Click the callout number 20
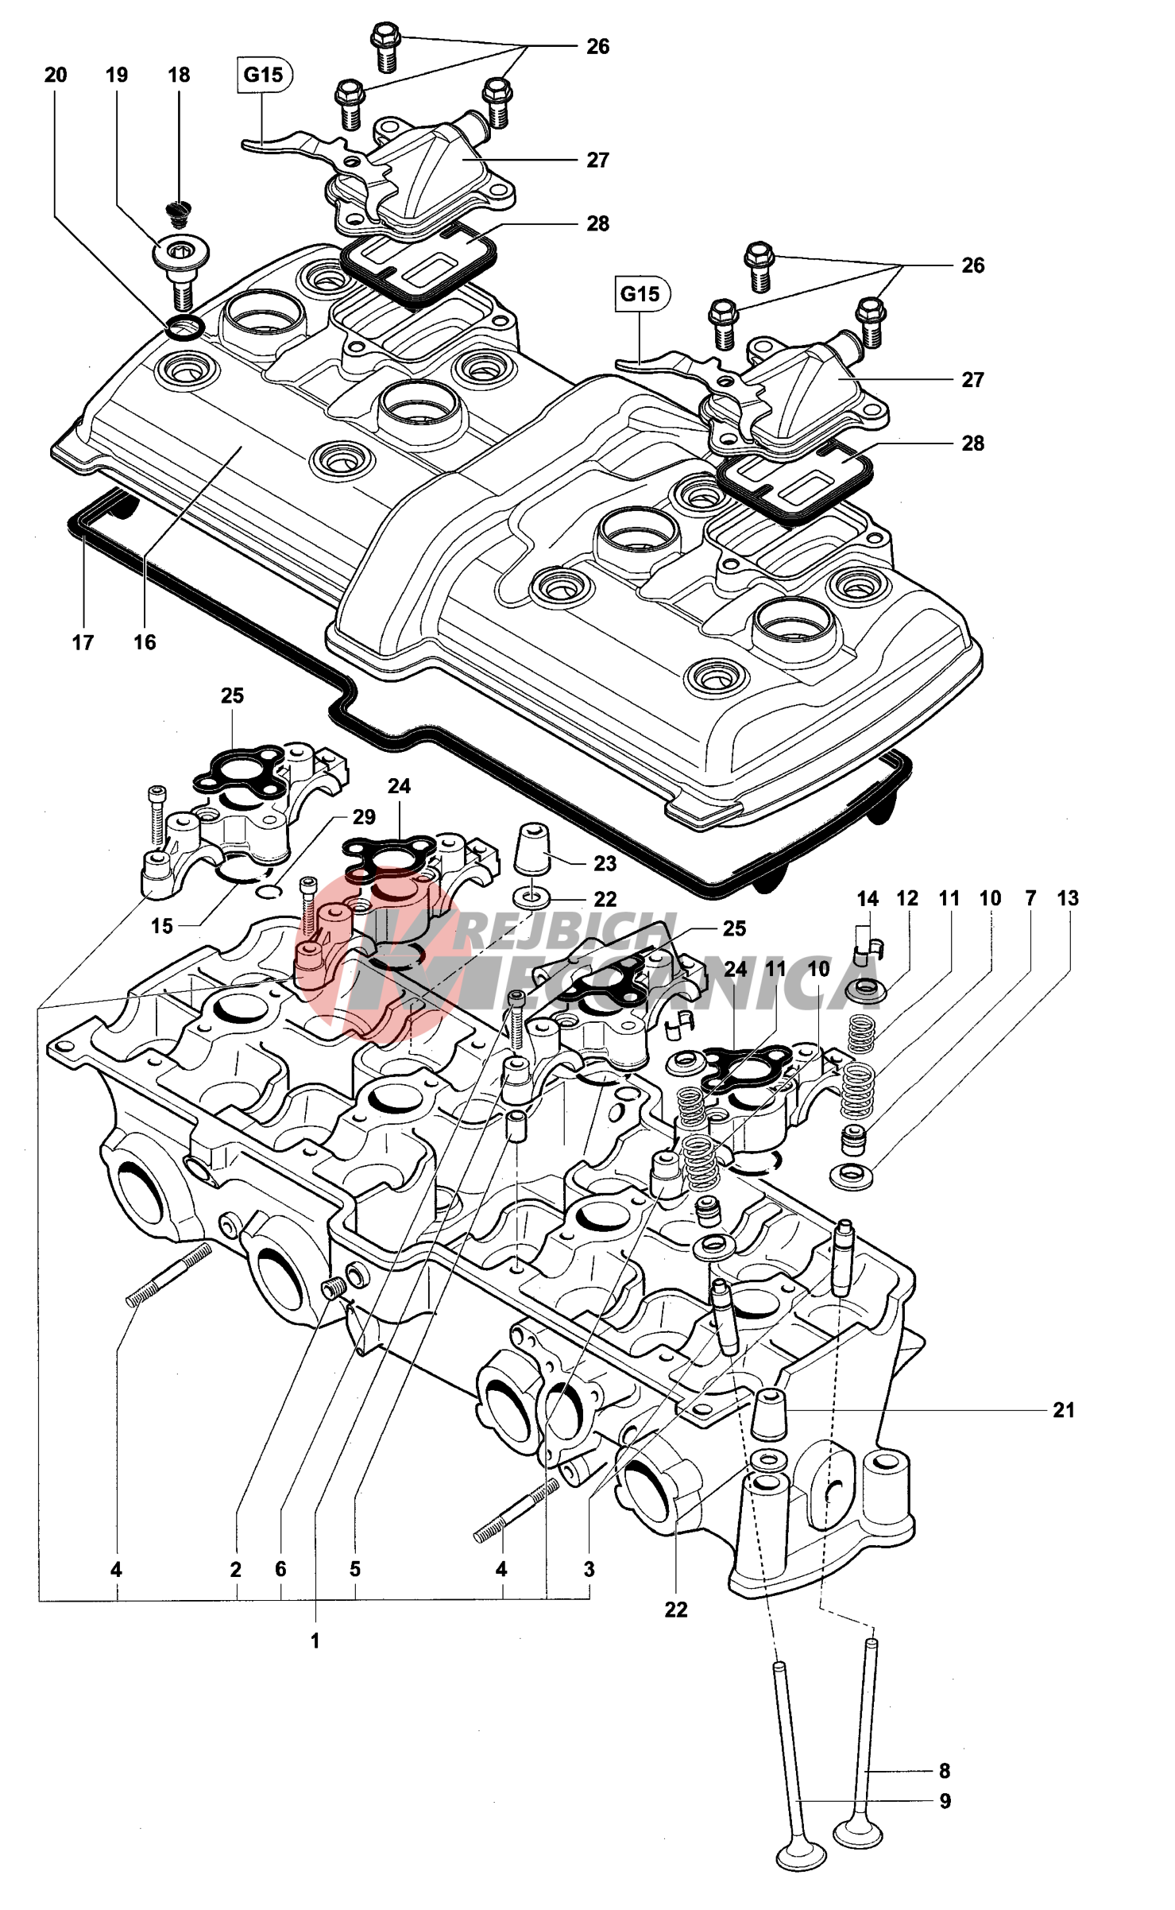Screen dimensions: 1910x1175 pyautogui.click(x=56, y=76)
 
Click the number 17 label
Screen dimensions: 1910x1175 pyautogui.click(x=83, y=642)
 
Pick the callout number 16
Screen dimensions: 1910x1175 pyautogui.click(x=145, y=642)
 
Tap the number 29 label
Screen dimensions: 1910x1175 pyautogui.click(x=364, y=817)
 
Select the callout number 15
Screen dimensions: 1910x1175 pyautogui.click(x=162, y=926)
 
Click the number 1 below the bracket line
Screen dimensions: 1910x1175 pyautogui.click(x=315, y=1641)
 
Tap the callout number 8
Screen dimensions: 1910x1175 pyautogui.click(x=945, y=1771)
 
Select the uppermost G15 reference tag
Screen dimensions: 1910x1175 pyautogui.click(x=264, y=76)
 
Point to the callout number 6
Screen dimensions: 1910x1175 pyautogui.click(x=280, y=1570)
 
